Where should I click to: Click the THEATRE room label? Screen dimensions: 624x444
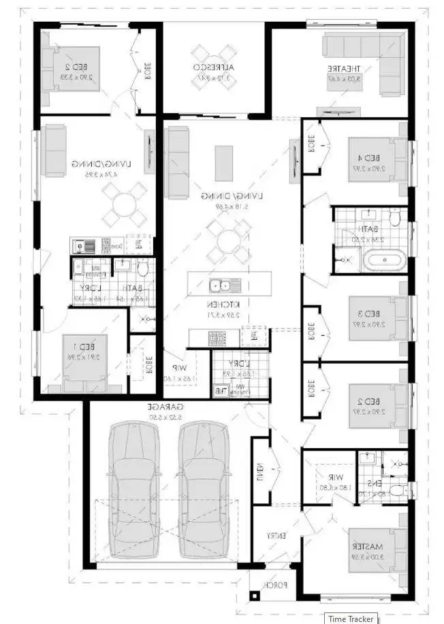[343, 69]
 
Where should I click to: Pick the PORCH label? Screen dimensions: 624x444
[276, 584]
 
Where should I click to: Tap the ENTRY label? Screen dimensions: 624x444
[276, 536]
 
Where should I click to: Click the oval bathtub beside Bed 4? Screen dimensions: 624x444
[382, 260]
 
